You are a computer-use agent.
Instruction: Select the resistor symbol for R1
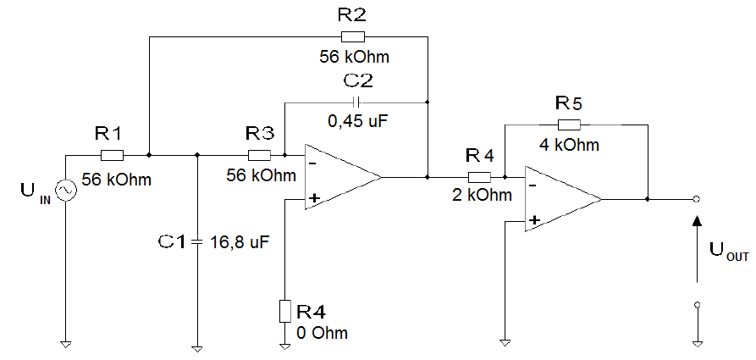point(112,155)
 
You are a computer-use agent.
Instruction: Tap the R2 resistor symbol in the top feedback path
point(352,36)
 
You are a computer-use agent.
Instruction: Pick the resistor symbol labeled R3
point(259,155)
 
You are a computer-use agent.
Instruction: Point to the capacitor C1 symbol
point(196,242)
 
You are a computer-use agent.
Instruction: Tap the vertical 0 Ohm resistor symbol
point(284,311)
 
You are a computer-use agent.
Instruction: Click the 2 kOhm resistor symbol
point(479,177)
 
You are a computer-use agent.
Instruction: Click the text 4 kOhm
point(569,145)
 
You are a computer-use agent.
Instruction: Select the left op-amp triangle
point(339,177)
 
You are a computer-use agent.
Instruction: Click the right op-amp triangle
point(559,199)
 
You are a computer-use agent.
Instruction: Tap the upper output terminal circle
point(697,199)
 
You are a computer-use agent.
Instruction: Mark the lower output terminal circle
point(697,303)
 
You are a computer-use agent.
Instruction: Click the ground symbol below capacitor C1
point(196,345)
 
